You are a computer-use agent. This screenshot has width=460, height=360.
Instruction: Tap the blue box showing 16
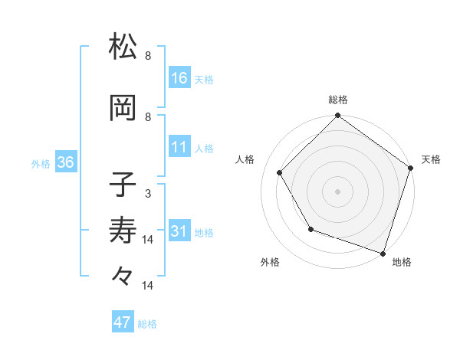pos(179,78)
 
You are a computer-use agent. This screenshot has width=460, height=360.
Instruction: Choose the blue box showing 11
pos(179,147)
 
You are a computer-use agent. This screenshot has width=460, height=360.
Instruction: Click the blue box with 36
pos(65,163)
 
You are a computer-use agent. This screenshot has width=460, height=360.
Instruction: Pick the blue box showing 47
pos(123,322)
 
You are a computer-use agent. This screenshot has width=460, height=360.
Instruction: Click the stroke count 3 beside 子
pos(147,194)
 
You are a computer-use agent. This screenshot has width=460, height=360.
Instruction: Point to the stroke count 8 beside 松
pos(148,55)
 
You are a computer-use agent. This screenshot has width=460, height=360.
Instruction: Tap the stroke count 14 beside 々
pos(148,286)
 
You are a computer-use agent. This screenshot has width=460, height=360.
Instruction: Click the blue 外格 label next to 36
pos(41,164)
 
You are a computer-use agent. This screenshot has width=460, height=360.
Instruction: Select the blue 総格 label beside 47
pos(147,324)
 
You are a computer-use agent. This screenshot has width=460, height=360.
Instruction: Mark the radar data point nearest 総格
pos(337,117)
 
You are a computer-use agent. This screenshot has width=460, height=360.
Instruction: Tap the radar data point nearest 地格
pos(383,252)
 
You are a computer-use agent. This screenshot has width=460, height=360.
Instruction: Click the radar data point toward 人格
pos(279,172)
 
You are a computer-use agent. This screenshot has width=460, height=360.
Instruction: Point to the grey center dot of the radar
pos(337,191)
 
